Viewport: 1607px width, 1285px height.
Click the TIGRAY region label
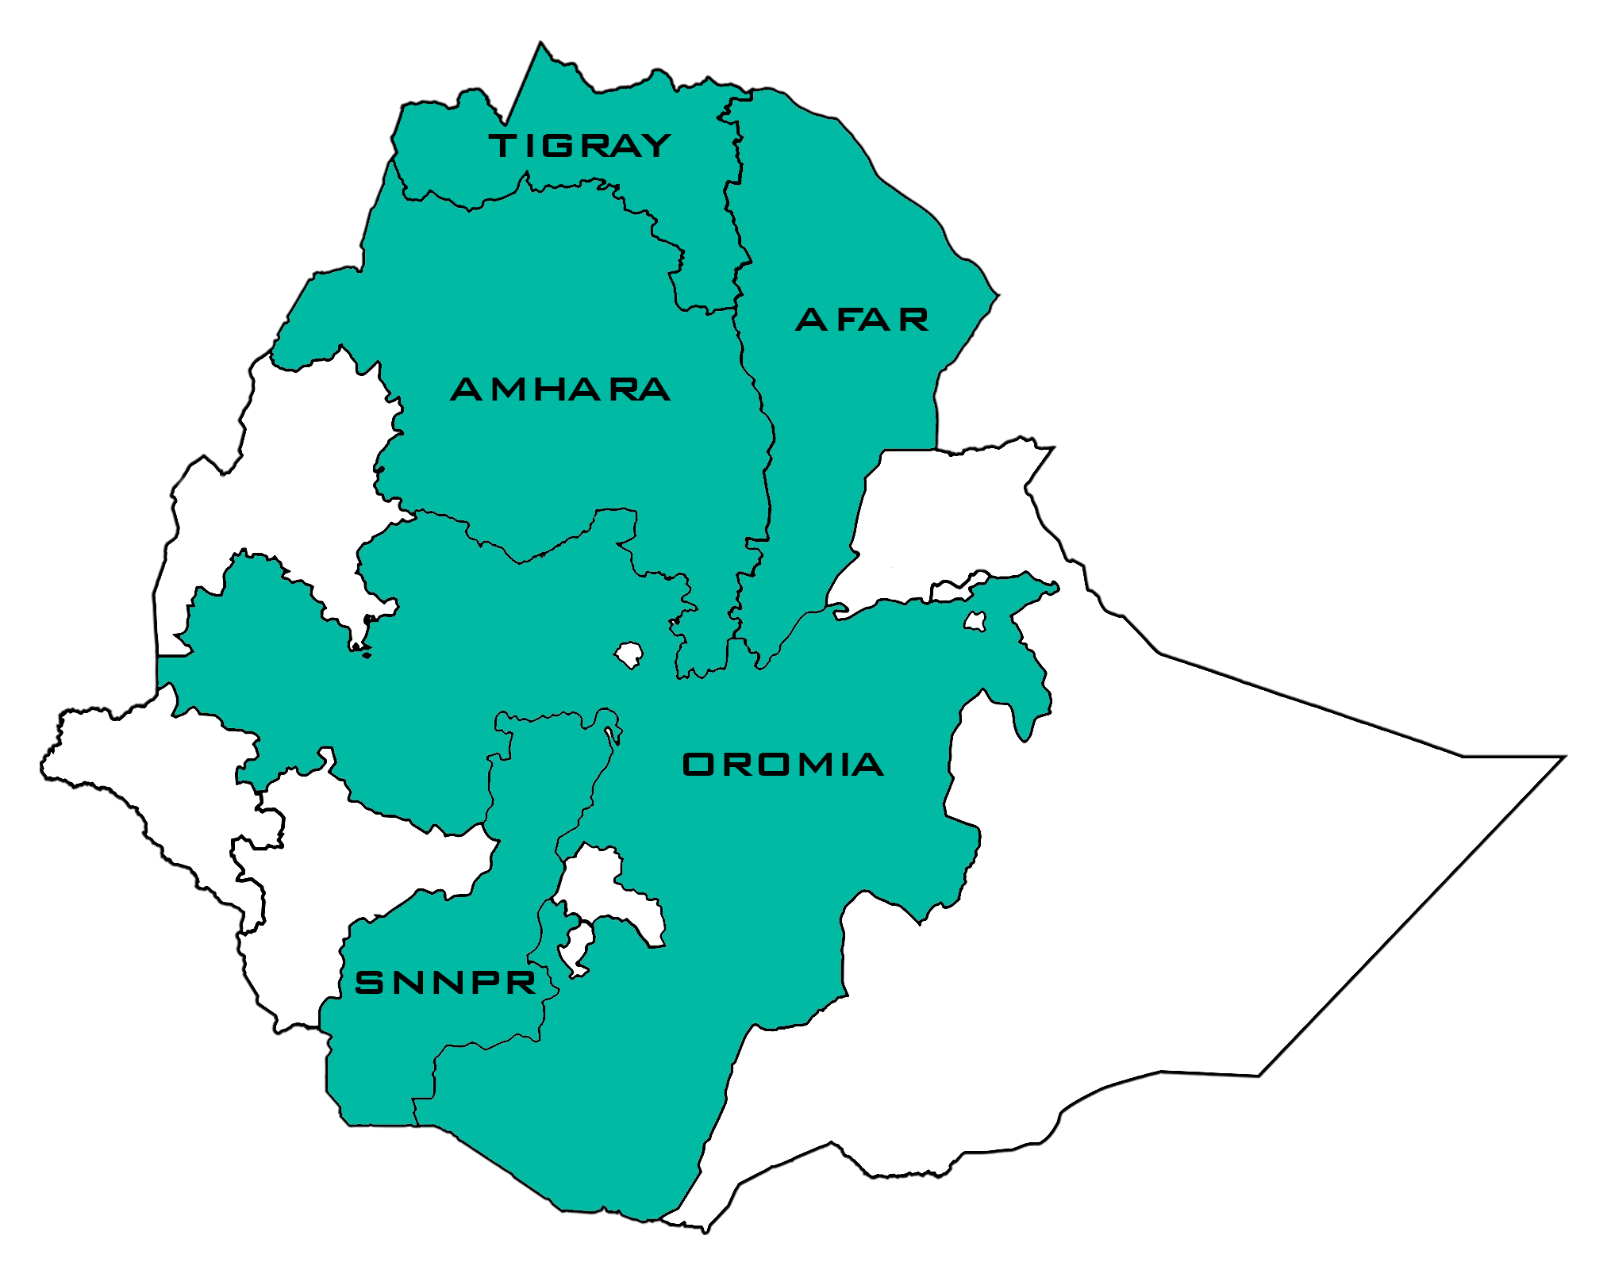[580, 146]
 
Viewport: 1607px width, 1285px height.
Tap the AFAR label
[862, 320]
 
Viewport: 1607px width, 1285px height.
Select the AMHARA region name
[560, 389]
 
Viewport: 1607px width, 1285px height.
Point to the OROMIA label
[782, 765]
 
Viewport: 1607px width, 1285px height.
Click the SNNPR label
[446, 984]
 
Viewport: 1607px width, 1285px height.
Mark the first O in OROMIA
[698, 765]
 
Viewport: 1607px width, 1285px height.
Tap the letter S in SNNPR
[368, 984]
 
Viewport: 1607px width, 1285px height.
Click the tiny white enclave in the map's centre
[629, 655]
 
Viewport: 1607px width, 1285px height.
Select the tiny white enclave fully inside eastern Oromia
[975, 621]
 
